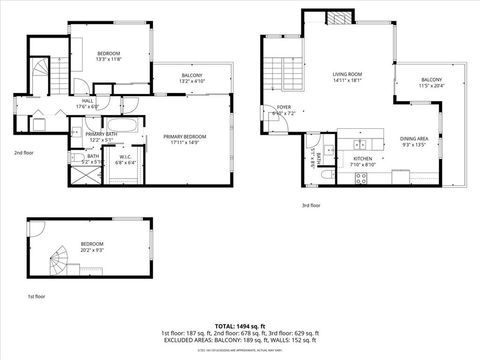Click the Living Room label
(x=347, y=74)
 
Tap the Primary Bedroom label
(x=185, y=136)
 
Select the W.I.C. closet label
(x=126, y=157)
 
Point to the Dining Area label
(x=414, y=139)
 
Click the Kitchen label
(x=363, y=158)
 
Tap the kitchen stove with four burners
(x=361, y=179)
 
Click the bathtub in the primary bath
(x=122, y=125)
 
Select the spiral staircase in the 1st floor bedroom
(x=59, y=261)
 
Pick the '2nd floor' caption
(x=24, y=153)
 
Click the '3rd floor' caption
(x=311, y=205)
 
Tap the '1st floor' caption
(x=37, y=296)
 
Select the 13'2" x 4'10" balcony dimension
(x=192, y=81)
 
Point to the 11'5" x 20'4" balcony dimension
(x=432, y=86)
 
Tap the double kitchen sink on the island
(x=360, y=144)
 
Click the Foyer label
(x=284, y=107)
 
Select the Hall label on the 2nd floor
(x=88, y=101)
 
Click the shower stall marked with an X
(x=86, y=175)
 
